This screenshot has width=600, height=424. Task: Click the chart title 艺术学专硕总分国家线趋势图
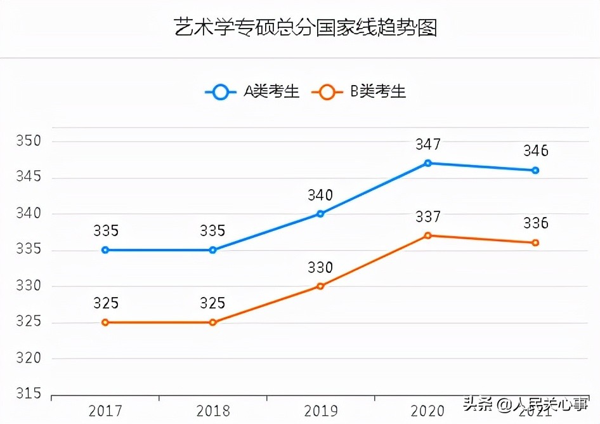click(x=306, y=28)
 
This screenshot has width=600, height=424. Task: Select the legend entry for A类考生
click(x=252, y=92)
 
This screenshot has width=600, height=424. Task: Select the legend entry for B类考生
click(x=360, y=92)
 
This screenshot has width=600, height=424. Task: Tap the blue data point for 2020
click(x=428, y=163)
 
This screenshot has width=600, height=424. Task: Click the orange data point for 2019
click(x=320, y=286)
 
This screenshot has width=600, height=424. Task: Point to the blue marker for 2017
click(x=105, y=250)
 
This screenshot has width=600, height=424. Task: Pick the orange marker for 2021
click(x=535, y=242)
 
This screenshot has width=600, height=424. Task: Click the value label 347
click(x=428, y=145)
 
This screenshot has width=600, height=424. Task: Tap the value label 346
click(x=535, y=152)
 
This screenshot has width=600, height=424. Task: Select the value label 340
click(x=320, y=195)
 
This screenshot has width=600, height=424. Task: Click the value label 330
click(x=320, y=268)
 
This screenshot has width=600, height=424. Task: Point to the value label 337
click(x=428, y=217)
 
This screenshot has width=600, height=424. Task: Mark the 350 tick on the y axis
click(x=28, y=141)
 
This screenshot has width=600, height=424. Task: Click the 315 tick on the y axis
click(x=28, y=394)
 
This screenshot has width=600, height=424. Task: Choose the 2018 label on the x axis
click(x=213, y=411)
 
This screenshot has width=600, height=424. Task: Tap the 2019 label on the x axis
click(x=320, y=411)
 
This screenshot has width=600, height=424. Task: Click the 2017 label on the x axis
click(x=105, y=411)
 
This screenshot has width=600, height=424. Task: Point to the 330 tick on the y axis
click(x=28, y=286)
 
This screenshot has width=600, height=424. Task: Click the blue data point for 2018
click(x=213, y=250)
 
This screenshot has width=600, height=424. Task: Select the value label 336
click(x=535, y=224)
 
